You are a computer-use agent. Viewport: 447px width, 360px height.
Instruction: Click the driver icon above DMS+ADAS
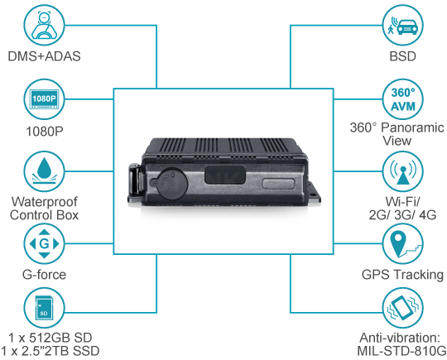click(44, 25)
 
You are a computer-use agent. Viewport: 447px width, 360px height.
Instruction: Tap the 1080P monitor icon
click(44, 99)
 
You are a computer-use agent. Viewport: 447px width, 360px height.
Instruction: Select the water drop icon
click(44, 171)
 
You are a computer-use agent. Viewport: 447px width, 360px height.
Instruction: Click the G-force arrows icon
click(44, 243)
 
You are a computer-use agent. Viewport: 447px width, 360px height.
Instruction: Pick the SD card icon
click(44, 308)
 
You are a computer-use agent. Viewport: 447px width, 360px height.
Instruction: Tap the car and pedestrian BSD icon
click(402, 25)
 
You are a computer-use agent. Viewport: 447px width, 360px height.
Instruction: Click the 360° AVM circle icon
click(402, 99)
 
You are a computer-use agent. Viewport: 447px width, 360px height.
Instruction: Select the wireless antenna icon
click(402, 171)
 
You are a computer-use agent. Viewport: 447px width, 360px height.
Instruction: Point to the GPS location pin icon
click(402, 243)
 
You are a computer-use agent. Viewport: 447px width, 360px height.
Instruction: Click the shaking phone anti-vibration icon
click(402, 308)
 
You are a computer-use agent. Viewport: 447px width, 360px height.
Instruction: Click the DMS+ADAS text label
click(44, 56)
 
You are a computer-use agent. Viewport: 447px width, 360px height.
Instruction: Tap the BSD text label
click(402, 56)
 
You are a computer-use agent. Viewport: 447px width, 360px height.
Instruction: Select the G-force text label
click(44, 275)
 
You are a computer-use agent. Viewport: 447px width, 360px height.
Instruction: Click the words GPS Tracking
click(402, 275)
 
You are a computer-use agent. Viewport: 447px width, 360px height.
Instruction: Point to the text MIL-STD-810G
click(401, 351)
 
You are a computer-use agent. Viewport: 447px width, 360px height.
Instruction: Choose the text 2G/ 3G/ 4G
click(402, 215)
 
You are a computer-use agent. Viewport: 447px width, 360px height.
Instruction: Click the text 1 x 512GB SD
click(50, 338)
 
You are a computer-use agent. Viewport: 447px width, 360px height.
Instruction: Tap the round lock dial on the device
click(172, 184)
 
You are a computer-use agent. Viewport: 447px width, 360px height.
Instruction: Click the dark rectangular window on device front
click(225, 174)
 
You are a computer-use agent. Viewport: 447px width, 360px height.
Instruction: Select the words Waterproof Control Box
click(44, 209)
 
